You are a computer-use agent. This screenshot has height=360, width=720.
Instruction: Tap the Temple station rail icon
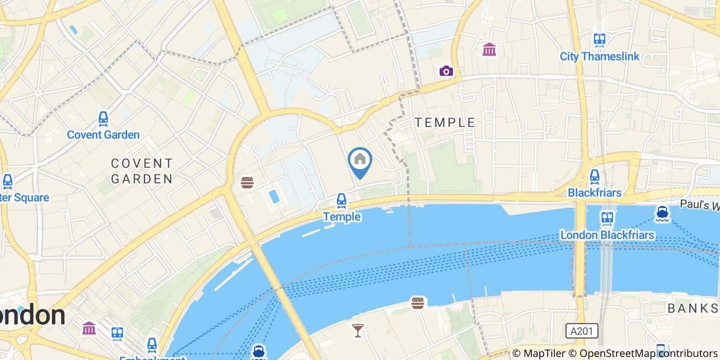tap(341, 201)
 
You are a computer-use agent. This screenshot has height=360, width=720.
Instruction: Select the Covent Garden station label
tap(103, 135)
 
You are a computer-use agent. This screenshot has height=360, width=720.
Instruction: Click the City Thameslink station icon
tap(599, 40)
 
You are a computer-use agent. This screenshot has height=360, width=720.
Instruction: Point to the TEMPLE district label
tap(445, 122)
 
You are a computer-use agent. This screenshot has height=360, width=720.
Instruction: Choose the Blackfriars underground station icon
tap(595, 176)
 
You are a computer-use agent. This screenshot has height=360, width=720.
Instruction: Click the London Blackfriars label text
tap(607, 235)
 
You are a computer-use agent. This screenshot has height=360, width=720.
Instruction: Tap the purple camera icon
tap(446, 71)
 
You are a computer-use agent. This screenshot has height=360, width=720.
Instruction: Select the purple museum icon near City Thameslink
tap(489, 50)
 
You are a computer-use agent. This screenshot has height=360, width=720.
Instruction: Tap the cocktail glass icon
tap(357, 330)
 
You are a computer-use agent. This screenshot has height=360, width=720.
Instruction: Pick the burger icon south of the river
tap(418, 303)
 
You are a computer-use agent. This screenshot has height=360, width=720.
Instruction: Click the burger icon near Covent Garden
tap(247, 182)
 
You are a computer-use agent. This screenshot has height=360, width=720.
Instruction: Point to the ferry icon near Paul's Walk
tap(662, 213)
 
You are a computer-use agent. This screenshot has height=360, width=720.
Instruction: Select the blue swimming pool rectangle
tap(274, 196)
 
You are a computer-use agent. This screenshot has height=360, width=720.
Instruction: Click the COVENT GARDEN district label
tap(142, 171)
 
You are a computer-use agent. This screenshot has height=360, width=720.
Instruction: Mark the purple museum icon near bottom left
tap(89, 328)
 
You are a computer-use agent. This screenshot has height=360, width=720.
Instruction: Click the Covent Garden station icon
tap(103, 119)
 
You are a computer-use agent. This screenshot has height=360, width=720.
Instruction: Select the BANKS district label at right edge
tap(693, 309)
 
